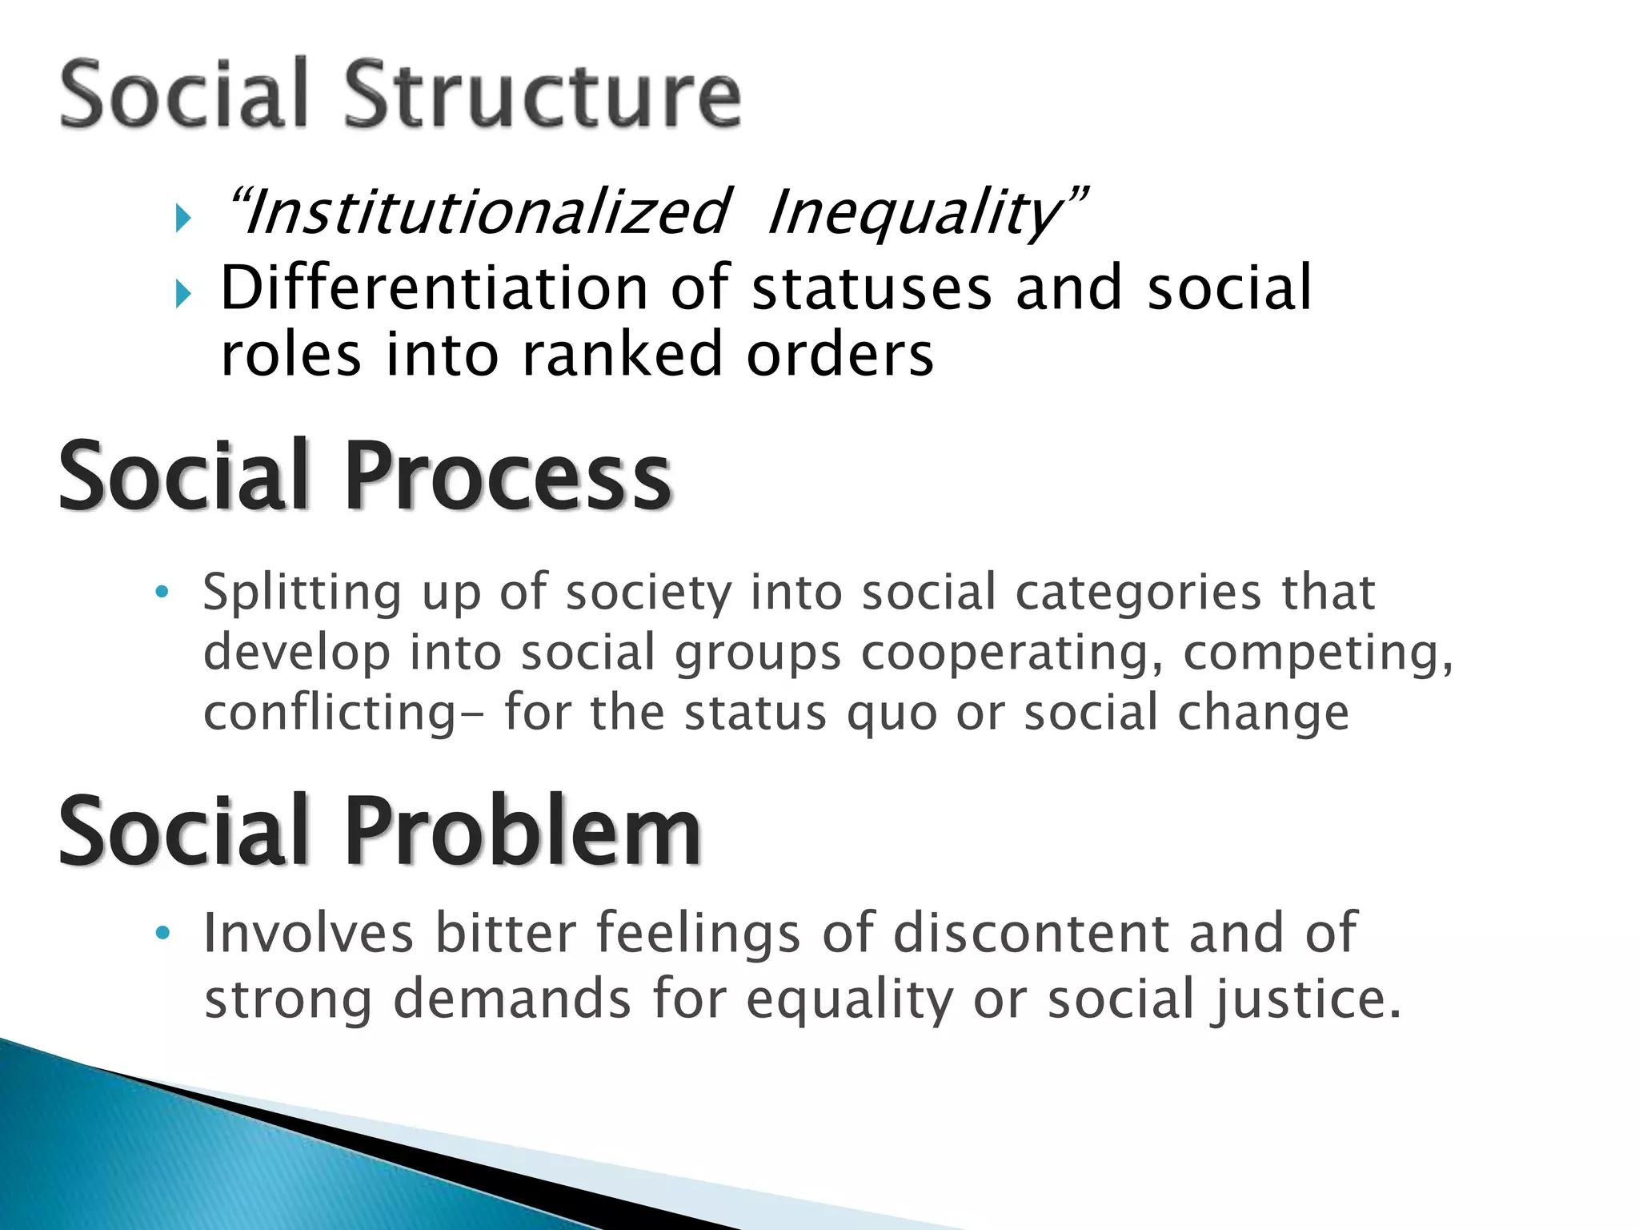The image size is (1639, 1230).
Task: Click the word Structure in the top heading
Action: coord(543,94)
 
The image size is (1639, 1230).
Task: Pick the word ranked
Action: coord(623,354)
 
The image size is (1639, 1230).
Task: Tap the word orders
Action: coord(840,354)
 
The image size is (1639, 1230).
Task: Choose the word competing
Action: coord(1317,653)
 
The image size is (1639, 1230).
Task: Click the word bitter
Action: coord(505,933)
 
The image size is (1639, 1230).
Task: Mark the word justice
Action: coord(1304,1000)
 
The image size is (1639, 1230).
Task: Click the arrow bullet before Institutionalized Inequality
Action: coord(183,218)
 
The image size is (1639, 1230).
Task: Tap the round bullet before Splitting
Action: coord(162,593)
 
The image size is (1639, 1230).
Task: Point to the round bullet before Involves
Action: coord(162,934)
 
